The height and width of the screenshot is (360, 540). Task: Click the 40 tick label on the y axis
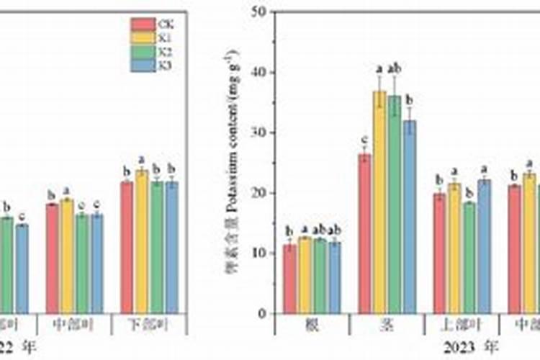[260, 73]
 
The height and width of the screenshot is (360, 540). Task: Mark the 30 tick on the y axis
[260, 133]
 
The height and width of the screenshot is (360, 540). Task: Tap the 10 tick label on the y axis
[260, 253]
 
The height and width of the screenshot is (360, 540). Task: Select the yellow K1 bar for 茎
[379, 202]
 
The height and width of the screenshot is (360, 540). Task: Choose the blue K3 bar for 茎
[410, 217]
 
